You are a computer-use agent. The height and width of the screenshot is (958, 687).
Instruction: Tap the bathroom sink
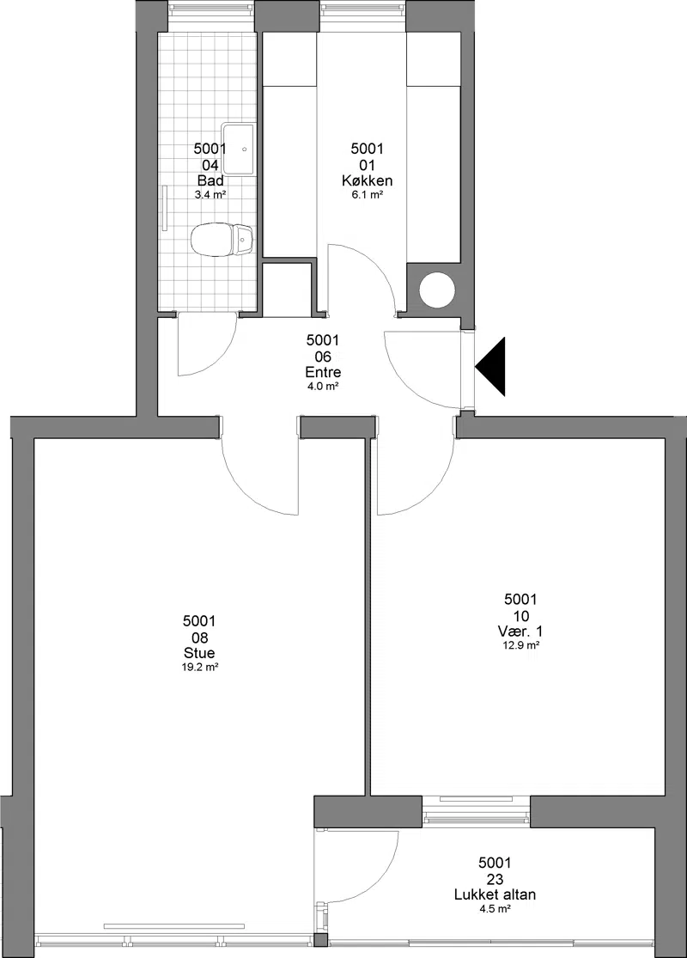[x=238, y=149]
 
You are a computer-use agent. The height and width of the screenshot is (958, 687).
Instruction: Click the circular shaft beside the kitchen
[x=437, y=289]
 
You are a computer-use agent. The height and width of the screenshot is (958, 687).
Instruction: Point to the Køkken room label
[x=367, y=180]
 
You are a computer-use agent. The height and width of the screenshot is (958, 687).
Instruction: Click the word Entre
[x=323, y=372]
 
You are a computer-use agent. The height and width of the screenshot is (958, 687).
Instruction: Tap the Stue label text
[x=199, y=654]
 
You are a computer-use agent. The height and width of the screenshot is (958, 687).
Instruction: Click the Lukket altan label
[x=495, y=895]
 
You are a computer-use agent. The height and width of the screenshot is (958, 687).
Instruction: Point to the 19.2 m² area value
[x=200, y=668]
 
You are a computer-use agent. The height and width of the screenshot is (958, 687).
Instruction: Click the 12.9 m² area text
[x=521, y=645]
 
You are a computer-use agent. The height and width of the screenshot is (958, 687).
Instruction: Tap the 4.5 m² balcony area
[x=495, y=909]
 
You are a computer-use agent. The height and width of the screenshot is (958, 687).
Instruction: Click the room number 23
[x=495, y=879]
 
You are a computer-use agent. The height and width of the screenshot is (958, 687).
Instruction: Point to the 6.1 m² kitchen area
[x=367, y=195]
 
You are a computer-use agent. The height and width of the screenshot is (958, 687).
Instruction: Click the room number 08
[x=199, y=638]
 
